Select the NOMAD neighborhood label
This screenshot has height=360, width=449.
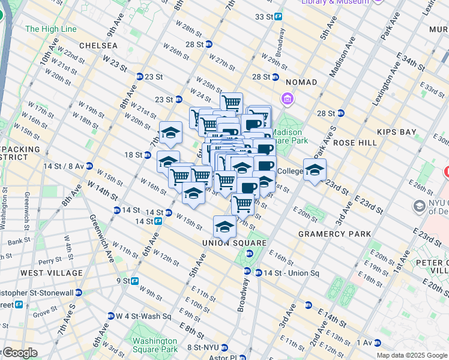(301, 82)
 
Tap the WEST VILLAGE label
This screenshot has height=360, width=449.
(51, 273)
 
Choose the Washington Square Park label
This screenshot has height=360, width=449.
(155, 344)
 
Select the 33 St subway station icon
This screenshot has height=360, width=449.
(279, 17)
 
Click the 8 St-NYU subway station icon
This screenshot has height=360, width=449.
(224, 347)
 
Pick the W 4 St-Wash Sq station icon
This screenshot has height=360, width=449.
(111, 316)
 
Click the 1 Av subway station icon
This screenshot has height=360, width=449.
(378, 343)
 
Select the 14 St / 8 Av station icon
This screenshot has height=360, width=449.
(89, 166)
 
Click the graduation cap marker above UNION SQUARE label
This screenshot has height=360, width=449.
(224, 227)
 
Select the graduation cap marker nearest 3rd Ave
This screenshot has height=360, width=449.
(315, 170)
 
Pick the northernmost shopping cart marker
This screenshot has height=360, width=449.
(231, 102)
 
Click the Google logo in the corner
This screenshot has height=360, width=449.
(20, 353)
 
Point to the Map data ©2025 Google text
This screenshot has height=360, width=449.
(412, 355)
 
